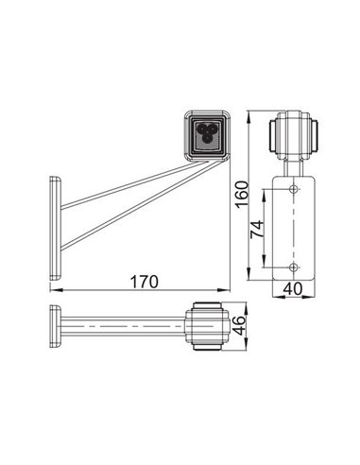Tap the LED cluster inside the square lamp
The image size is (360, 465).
(x=205, y=133)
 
